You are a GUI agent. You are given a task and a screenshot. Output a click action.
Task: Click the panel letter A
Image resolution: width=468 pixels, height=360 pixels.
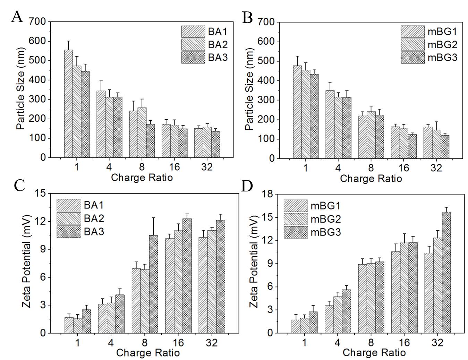(17, 16)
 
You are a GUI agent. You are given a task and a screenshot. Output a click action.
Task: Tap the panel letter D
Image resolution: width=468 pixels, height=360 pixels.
(247, 186)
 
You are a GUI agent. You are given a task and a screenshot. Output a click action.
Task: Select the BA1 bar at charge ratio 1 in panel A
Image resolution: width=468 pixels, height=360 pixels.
(68, 104)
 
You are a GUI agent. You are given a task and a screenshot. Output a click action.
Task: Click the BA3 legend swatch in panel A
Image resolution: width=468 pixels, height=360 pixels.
(193, 58)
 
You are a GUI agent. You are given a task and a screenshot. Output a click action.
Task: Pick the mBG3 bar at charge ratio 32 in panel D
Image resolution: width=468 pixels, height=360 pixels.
(446, 272)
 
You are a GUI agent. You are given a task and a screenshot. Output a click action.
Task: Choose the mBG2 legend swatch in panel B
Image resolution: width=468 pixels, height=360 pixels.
(412, 45)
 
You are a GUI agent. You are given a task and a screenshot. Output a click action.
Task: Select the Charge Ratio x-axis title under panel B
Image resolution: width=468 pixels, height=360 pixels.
(371, 179)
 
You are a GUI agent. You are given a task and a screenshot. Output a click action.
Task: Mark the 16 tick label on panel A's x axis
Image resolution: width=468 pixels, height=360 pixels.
(174, 167)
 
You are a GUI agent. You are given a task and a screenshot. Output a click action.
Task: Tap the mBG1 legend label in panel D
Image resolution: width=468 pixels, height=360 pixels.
(325, 206)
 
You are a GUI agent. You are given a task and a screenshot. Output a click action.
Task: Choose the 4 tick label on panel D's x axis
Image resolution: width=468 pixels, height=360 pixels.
(337, 343)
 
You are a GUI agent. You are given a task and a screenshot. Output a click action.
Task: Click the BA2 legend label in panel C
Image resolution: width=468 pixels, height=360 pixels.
(94, 218)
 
